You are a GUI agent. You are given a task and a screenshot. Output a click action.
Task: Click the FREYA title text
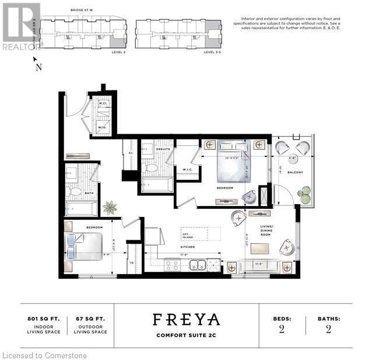186,319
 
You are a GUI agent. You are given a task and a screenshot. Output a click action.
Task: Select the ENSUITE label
163,149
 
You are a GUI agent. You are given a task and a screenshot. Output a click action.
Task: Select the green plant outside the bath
109,207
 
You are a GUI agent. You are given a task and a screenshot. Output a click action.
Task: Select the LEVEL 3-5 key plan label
210,51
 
